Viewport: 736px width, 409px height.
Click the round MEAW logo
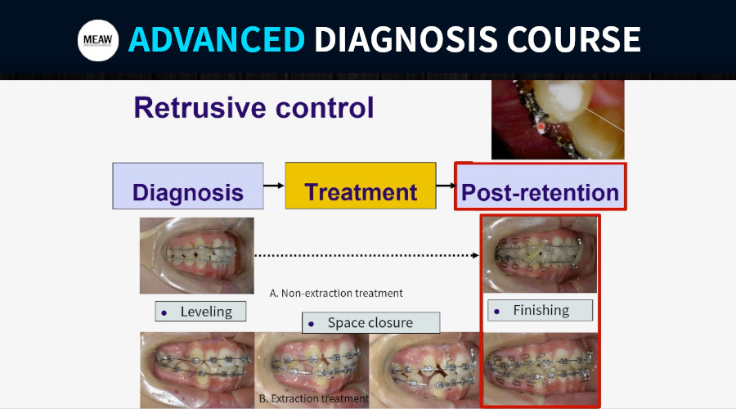[97, 40]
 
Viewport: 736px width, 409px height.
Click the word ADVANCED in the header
[217, 39]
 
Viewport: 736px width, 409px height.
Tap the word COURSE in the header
[573, 39]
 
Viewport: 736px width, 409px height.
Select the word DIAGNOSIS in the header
[406, 39]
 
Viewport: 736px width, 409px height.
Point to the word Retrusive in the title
[200, 107]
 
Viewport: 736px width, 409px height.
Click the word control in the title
[325, 107]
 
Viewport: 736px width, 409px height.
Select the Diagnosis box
[188, 186]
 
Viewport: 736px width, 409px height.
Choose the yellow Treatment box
[361, 186]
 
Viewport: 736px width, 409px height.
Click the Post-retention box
[541, 187]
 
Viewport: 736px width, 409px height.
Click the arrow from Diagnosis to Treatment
[274, 186]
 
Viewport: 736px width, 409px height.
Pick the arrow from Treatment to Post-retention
[446, 186]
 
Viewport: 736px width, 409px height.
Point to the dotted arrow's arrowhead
[475, 255]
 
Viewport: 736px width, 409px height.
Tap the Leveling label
[200, 312]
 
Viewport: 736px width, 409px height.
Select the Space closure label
[370, 322]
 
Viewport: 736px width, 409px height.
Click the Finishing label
[541, 310]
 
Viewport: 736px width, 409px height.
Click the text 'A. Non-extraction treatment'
[336, 294]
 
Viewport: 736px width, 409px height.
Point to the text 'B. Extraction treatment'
[313, 398]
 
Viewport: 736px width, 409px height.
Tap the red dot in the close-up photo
[541, 126]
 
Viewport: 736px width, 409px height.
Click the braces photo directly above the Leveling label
[196, 255]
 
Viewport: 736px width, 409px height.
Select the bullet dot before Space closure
[312, 324]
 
